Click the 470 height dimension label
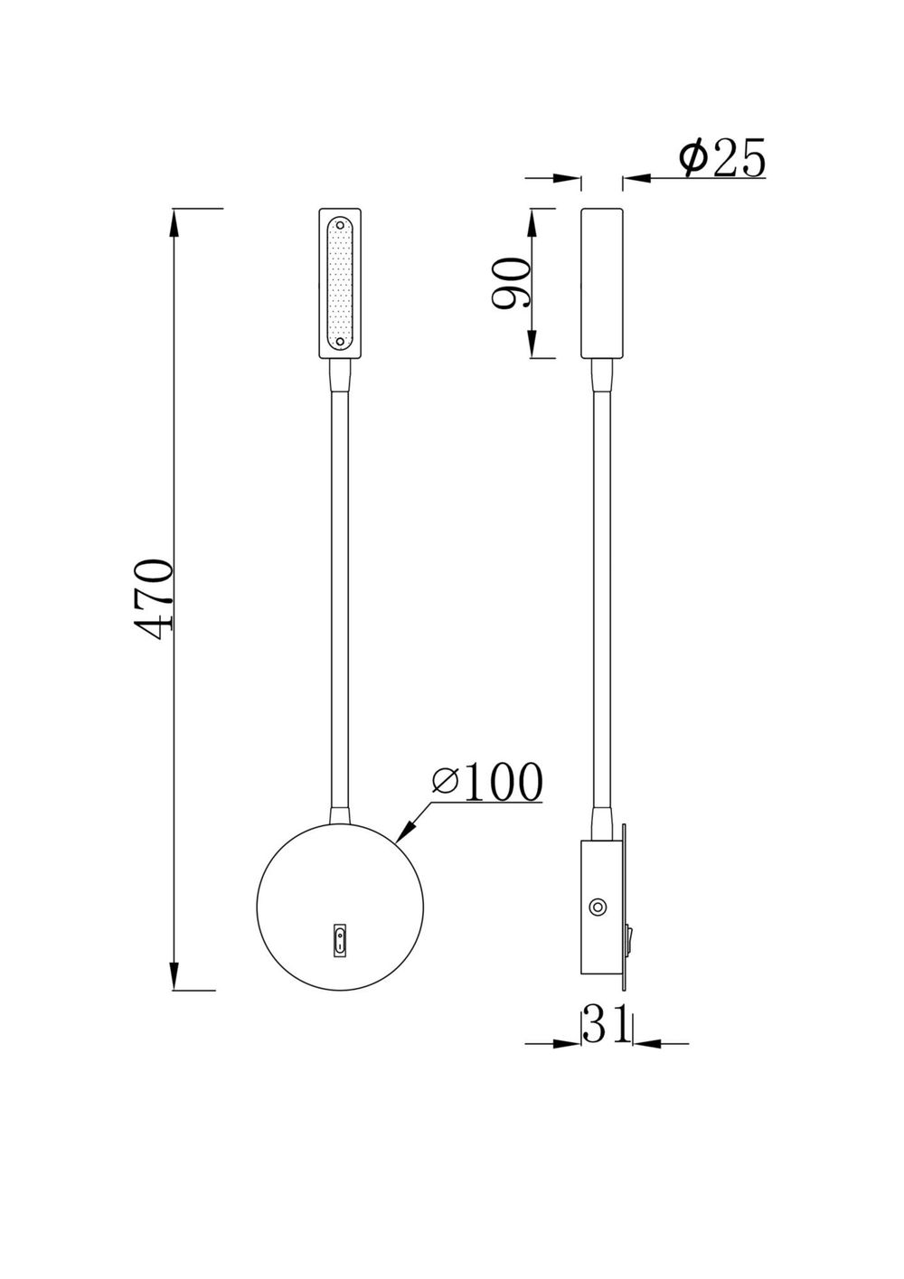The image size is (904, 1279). pyautogui.click(x=152, y=599)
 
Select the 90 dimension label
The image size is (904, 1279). pyautogui.click(x=510, y=283)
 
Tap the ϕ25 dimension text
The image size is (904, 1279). pyautogui.click(x=722, y=159)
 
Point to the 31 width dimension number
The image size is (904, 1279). pyautogui.click(x=605, y=1024)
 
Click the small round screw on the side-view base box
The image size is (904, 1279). pyautogui.click(x=597, y=907)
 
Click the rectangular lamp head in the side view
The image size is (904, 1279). pyautogui.click(x=600, y=283)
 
